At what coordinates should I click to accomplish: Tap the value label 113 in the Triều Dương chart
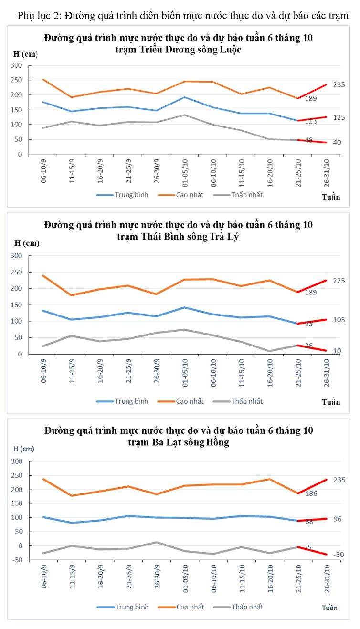(311, 121)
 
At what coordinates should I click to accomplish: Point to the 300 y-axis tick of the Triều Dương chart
(16, 65)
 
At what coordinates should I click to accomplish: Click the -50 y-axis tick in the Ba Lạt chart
(16, 560)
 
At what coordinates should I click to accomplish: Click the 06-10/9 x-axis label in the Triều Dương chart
(43, 173)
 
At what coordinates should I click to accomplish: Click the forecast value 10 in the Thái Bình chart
(337, 351)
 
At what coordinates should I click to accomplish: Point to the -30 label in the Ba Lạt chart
(339, 555)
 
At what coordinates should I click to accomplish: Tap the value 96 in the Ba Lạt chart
(337, 519)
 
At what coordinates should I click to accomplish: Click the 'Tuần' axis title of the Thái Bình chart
(331, 402)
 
